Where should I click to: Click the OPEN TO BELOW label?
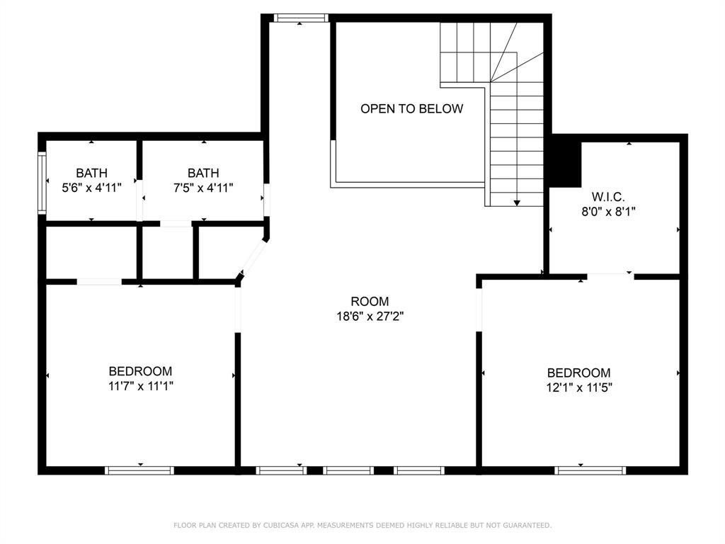[x=411, y=108]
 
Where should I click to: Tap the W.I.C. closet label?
[x=608, y=197]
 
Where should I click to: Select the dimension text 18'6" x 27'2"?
[x=370, y=317]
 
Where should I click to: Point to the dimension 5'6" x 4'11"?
[x=91, y=188]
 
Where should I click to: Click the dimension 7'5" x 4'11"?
[x=203, y=188]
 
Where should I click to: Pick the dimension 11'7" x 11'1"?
[x=141, y=386]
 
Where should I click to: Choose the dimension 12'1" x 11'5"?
[x=579, y=387]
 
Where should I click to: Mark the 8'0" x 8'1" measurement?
[x=608, y=212]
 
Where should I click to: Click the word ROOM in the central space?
[x=370, y=302]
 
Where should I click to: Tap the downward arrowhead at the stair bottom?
[x=517, y=203]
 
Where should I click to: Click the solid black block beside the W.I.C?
[x=564, y=161]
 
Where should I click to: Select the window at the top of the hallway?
[x=300, y=18]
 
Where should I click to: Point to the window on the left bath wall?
[x=42, y=182]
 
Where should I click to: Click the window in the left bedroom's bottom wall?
[x=139, y=470]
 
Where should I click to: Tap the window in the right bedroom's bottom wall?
[x=590, y=470]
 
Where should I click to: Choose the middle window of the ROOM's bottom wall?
[x=348, y=470]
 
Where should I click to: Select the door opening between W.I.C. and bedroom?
[x=610, y=276]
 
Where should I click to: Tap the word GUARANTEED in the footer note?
[x=527, y=526]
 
